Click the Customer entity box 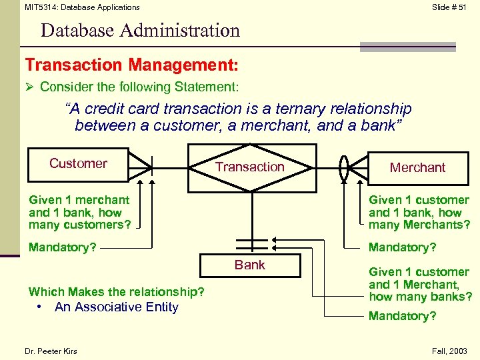point(78,164)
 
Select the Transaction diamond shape point(250,167)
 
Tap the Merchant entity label point(418,167)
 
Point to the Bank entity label point(250,265)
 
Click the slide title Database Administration point(140,30)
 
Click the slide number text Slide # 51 point(449,7)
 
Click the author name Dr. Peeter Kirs point(51,351)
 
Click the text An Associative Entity point(117,307)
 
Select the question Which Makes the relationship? point(117,292)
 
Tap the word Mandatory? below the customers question point(62,247)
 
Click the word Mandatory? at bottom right point(403,316)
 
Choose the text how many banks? point(420,297)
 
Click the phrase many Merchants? point(419,225)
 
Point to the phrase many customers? point(80,225)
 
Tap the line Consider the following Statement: point(139,87)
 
